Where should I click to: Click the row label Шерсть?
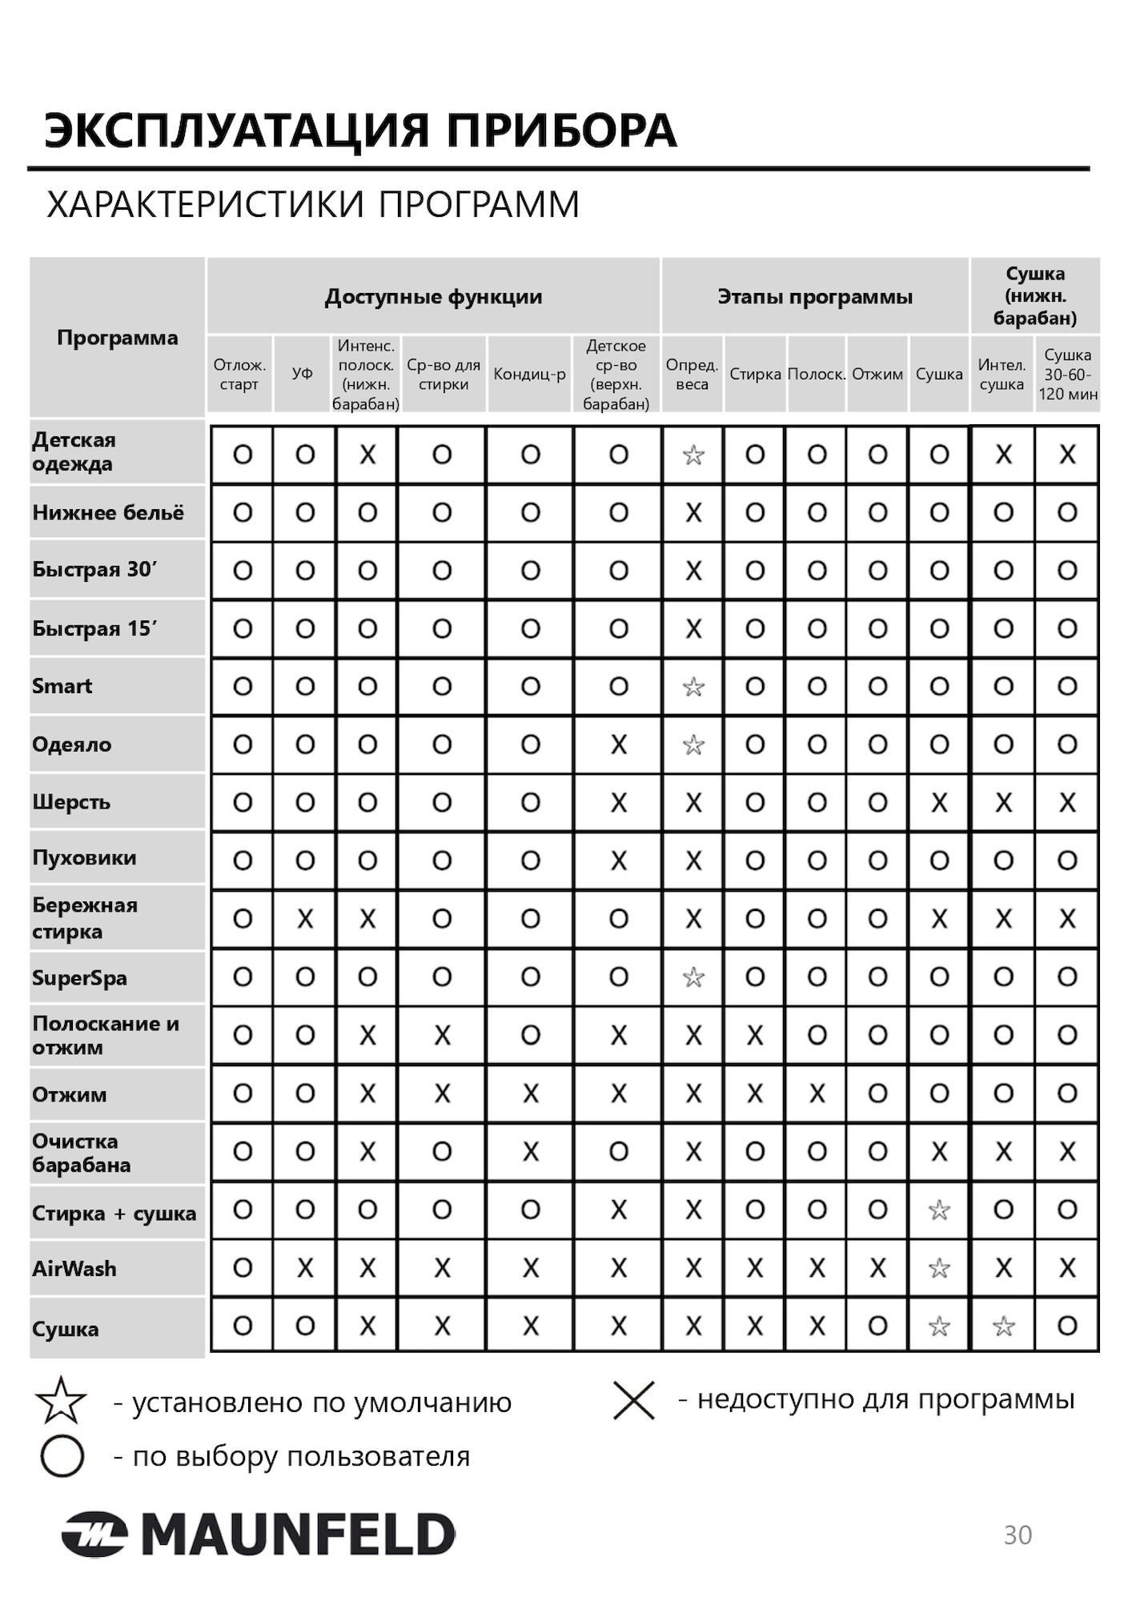[x=71, y=802]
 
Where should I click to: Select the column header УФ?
[x=303, y=374]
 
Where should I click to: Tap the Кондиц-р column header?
[x=529, y=374]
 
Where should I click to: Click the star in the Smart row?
[x=693, y=687]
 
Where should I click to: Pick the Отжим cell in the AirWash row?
[x=877, y=1268]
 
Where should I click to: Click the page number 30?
[x=1018, y=1535]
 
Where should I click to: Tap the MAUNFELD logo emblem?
[x=94, y=1535]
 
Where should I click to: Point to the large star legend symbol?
[x=61, y=1401]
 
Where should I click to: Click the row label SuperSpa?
[x=79, y=977]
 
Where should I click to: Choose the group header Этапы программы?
[x=814, y=297]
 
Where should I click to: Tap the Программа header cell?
[x=117, y=338]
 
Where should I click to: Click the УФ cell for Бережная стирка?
[x=305, y=919]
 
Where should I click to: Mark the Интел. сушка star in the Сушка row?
[x=1003, y=1327]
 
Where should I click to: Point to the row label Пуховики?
[x=84, y=858]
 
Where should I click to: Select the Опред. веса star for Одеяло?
[x=693, y=745]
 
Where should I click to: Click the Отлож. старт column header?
[x=239, y=374]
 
